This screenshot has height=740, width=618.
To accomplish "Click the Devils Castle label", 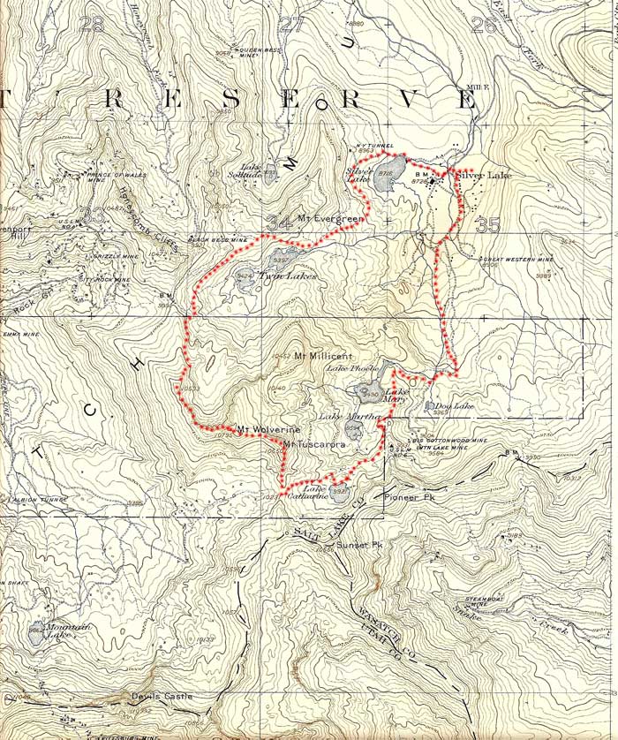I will tap(162, 696).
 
